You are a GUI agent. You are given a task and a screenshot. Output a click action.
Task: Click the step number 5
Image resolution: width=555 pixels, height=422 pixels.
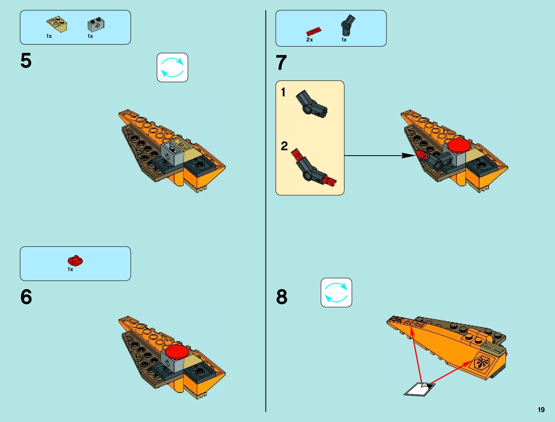pyautogui.click(x=26, y=61)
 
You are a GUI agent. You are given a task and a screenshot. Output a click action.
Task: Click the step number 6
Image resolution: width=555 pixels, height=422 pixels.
pyautogui.click(x=26, y=297)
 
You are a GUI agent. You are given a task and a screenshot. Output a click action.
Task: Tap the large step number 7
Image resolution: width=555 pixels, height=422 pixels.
pyautogui.click(x=281, y=63)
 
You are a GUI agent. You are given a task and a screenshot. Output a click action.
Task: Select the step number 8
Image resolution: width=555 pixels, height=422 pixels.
pyautogui.click(x=282, y=297)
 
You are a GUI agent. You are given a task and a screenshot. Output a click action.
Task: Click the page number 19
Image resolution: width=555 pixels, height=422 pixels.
pyautogui.click(x=541, y=410)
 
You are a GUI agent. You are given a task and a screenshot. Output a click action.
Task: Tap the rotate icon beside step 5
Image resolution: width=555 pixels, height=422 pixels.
pyautogui.click(x=172, y=67)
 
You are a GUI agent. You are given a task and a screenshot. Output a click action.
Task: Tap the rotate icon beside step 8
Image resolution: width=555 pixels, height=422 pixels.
pyautogui.click(x=336, y=292)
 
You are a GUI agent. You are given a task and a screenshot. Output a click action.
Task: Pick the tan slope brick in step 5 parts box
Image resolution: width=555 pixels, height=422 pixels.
pyautogui.click(x=57, y=25)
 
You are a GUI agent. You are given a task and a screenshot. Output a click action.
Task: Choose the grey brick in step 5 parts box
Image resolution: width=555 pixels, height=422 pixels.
pyautogui.click(x=95, y=25)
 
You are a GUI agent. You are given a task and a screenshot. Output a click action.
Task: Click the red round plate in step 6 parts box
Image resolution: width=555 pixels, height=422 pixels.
pyautogui.click(x=75, y=261)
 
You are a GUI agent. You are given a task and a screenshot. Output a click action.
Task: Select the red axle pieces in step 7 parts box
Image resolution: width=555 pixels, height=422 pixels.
pyautogui.click(x=313, y=31)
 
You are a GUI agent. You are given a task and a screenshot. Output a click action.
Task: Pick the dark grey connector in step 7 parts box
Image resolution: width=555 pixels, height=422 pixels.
pyautogui.click(x=348, y=25)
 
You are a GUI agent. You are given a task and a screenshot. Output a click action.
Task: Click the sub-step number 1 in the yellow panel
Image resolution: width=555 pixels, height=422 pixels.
pyautogui.click(x=283, y=92)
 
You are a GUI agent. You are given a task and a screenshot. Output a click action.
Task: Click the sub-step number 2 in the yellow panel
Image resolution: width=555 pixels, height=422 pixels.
pyautogui.click(x=284, y=146)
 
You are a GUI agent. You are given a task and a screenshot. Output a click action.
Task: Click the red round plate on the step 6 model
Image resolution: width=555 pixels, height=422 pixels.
pyautogui.click(x=177, y=352)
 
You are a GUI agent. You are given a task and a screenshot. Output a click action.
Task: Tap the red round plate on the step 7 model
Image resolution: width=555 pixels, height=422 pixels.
pyautogui.click(x=459, y=146)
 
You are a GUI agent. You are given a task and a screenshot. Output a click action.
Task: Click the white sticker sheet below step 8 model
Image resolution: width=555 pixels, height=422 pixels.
pyautogui.click(x=420, y=389)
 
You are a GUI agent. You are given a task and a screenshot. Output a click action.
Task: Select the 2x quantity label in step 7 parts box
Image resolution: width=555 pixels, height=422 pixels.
pyautogui.click(x=310, y=40)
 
